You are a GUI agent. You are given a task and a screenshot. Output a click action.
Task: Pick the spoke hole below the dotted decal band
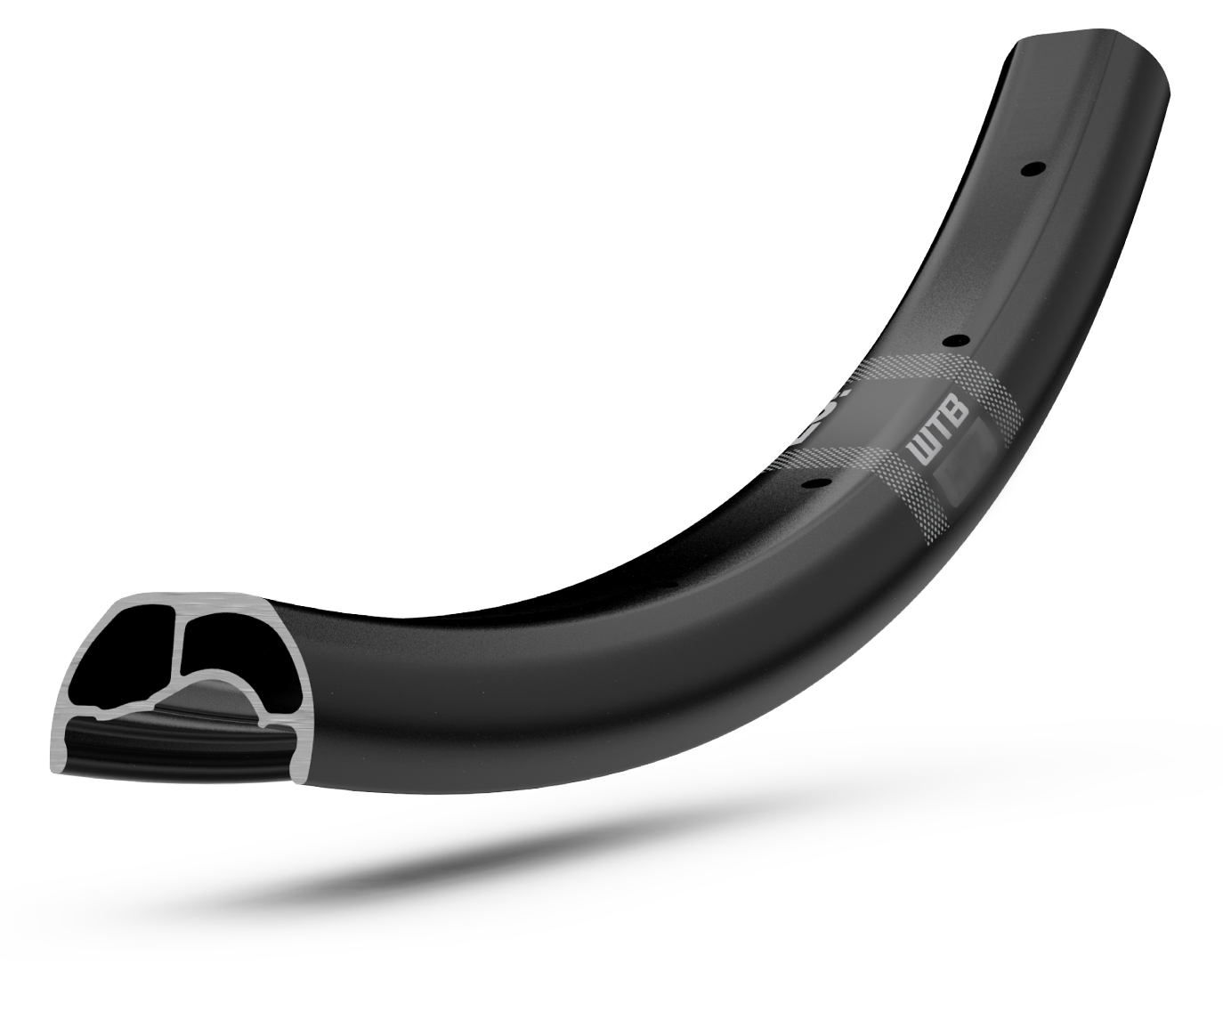click(x=814, y=482)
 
